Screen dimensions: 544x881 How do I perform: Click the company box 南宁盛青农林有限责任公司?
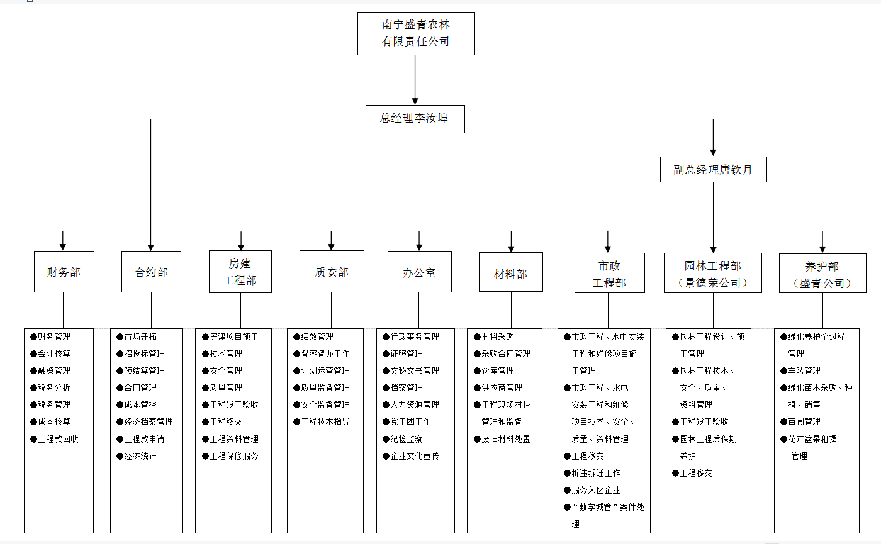click(x=415, y=33)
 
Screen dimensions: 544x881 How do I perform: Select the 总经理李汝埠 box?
click(x=415, y=118)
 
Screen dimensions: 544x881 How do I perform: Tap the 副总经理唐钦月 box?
click(x=713, y=169)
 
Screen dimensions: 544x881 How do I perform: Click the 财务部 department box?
click(x=64, y=272)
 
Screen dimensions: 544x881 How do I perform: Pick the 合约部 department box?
click(x=151, y=272)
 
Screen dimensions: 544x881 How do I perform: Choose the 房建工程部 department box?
click(x=240, y=272)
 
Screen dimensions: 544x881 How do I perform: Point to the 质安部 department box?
click(x=332, y=272)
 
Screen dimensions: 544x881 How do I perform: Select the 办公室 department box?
click(x=419, y=272)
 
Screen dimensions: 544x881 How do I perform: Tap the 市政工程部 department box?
click(x=609, y=274)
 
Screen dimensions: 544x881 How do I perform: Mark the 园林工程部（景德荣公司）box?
click(x=713, y=274)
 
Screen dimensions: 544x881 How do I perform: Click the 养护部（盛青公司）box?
click(x=822, y=274)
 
